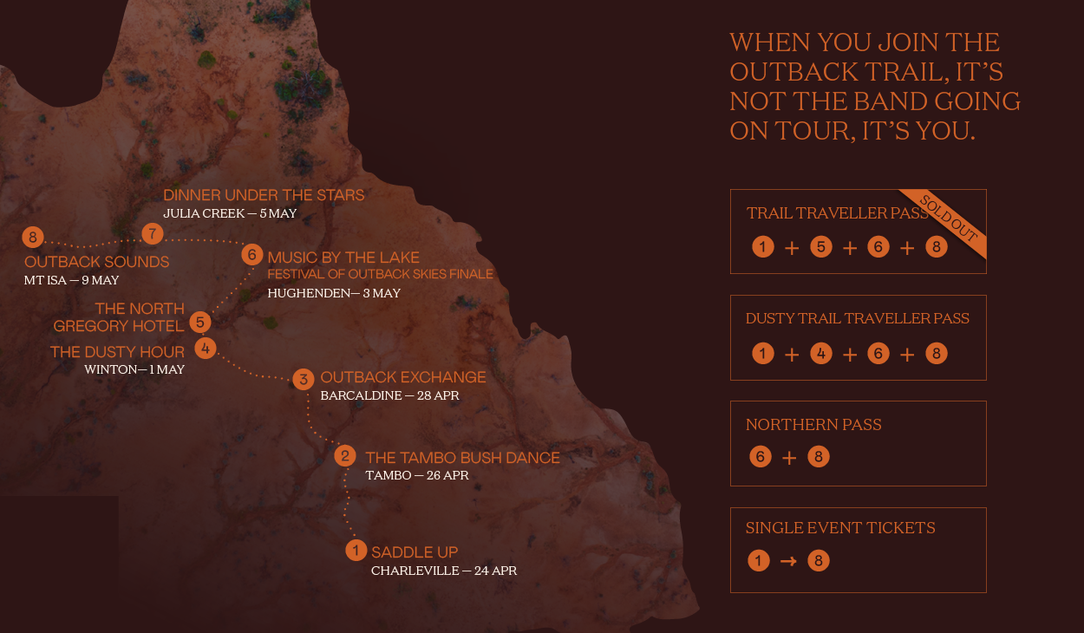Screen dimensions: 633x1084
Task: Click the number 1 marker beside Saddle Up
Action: click(356, 551)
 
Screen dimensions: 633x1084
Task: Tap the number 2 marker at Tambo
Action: click(345, 456)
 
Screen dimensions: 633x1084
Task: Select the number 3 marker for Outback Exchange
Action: click(303, 379)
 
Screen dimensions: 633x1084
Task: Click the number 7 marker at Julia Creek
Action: click(153, 233)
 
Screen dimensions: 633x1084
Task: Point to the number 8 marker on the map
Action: click(33, 238)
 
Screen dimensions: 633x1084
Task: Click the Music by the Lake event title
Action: click(343, 258)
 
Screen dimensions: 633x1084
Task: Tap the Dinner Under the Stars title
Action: click(264, 195)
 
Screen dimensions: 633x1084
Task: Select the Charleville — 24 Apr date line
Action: click(444, 571)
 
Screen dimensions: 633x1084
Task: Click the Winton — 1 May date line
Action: click(134, 369)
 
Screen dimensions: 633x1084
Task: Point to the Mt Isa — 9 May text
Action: click(72, 280)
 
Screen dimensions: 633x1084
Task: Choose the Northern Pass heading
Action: click(813, 425)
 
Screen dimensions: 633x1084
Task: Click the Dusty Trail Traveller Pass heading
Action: click(858, 318)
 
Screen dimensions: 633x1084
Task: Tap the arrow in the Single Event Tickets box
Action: click(787, 561)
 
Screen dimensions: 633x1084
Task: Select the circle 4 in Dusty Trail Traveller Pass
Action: click(820, 354)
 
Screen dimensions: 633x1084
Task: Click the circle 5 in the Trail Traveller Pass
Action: click(820, 247)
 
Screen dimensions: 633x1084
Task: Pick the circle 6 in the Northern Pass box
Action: click(761, 457)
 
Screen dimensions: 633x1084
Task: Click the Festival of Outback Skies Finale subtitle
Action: click(380, 274)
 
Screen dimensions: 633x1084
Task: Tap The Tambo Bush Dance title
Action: click(462, 458)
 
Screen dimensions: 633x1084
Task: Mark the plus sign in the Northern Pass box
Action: click(789, 458)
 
